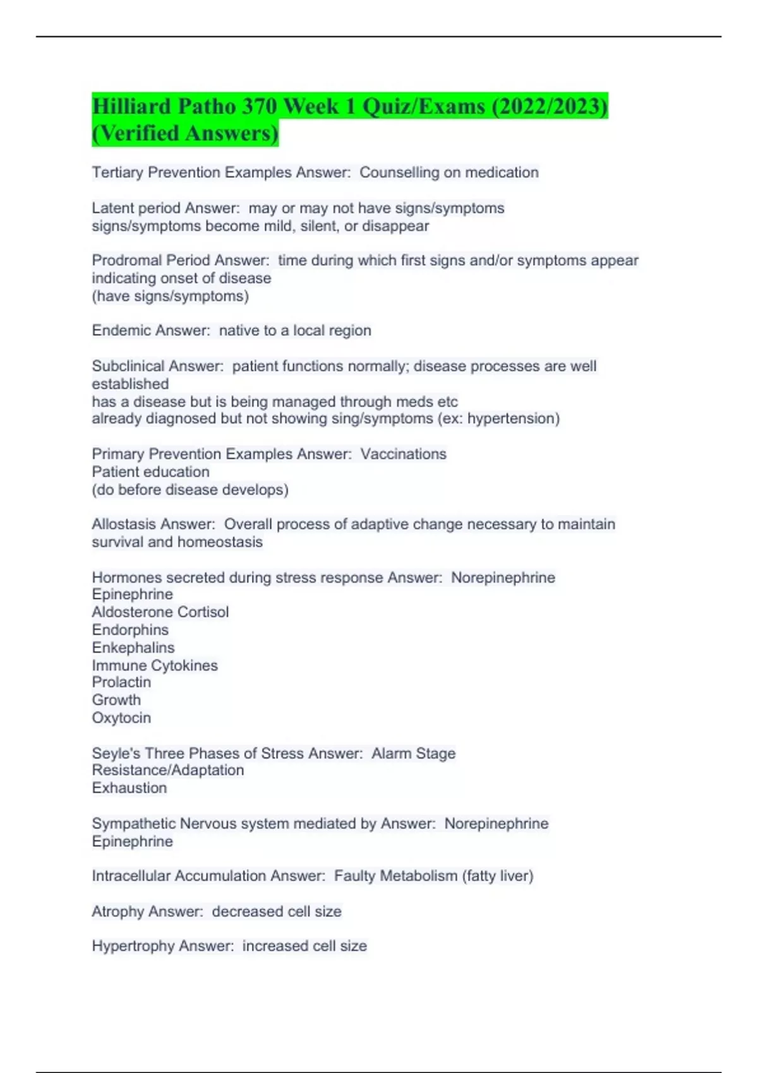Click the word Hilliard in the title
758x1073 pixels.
coord(131,106)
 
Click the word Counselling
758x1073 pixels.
coord(399,172)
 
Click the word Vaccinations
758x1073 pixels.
coord(404,454)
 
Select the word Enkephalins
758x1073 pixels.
coord(133,648)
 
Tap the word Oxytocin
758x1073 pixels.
coord(121,718)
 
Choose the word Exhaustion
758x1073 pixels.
coord(129,788)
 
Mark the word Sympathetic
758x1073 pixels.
coord(134,824)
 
